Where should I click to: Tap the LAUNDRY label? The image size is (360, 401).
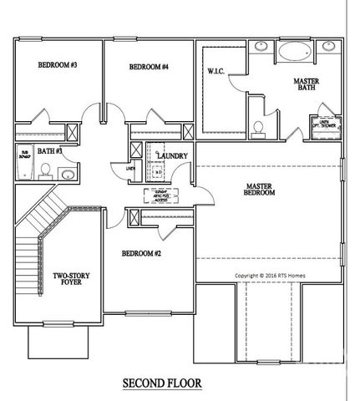tap(170, 156)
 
